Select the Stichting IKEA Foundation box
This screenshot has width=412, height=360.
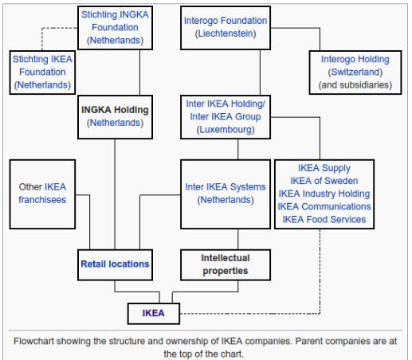pyautogui.click(x=41, y=70)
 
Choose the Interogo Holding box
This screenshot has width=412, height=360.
pyautogui.click(x=355, y=71)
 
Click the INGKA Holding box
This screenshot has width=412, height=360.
pyautogui.click(x=114, y=115)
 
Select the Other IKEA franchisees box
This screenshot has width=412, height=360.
pyautogui.click(x=41, y=194)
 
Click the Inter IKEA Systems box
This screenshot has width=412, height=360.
pyautogui.click(x=225, y=194)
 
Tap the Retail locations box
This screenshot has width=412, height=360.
pyautogui.click(x=114, y=262)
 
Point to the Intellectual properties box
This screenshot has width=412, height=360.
pyautogui.click(x=225, y=264)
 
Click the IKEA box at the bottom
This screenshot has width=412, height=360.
pyautogui.click(x=153, y=313)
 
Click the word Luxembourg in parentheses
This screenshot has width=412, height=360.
pyautogui.click(x=225, y=129)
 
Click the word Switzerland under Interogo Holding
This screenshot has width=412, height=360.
pyautogui.click(x=355, y=71)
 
